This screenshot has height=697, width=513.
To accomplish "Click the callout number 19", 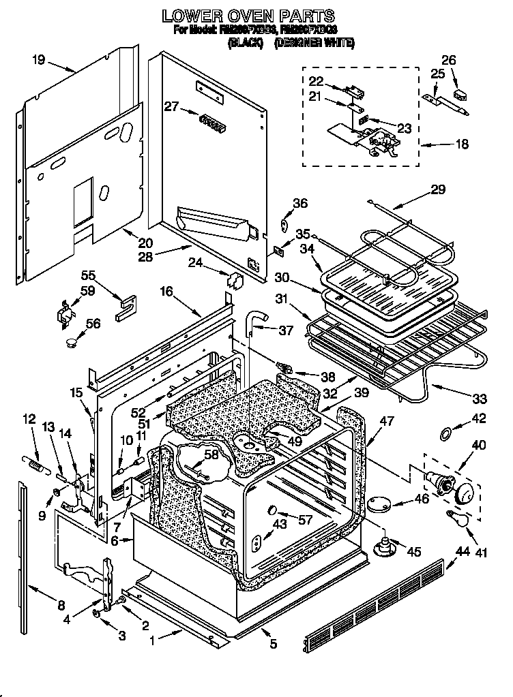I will tap(38, 60).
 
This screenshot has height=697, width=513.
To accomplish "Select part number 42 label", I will tap(480, 419).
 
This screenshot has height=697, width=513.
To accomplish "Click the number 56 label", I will tap(93, 324).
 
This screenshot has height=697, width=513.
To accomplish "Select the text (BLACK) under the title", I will tap(246, 43).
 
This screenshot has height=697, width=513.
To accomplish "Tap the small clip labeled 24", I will tap(235, 279).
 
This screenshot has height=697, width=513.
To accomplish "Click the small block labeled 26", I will tap(458, 89).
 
